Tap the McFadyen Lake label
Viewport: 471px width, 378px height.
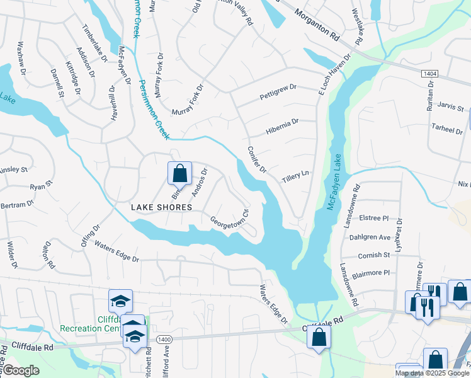pyautogui.click(x=333, y=185)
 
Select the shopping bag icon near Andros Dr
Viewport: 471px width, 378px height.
pyautogui.click(x=179, y=173)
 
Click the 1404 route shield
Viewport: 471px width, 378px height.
pyautogui.click(x=429, y=74)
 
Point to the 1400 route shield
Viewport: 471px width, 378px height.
pyautogui.click(x=164, y=339)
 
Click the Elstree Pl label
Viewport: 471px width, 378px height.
pyautogui.click(x=376, y=219)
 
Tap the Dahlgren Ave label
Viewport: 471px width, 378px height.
pyautogui.click(x=371, y=238)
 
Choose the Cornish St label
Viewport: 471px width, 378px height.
pyautogui.click(x=375, y=255)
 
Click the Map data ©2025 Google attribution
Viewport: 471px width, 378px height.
pyautogui.click(x=432, y=373)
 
